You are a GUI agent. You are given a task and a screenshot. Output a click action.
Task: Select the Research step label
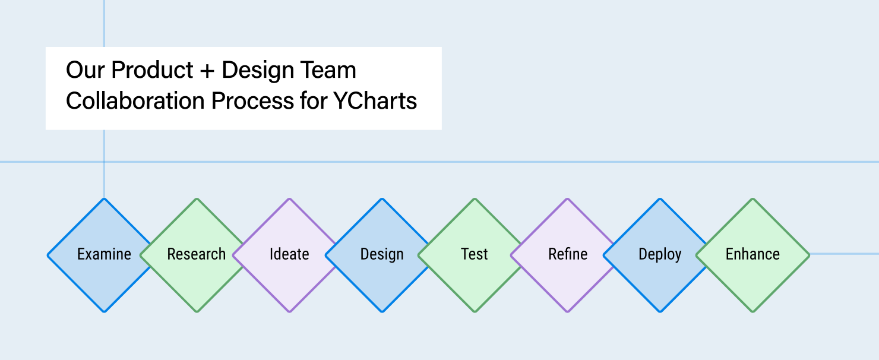click(197, 254)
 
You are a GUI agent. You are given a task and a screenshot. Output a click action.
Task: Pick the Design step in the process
click(382, 254)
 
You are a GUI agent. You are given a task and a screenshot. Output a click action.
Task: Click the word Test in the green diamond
click(475, 254)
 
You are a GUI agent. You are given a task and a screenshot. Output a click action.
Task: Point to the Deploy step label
click(660, 254)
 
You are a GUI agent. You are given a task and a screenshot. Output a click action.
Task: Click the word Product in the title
click(153, 70)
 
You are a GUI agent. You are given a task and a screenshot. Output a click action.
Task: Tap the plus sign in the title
click(207, 71)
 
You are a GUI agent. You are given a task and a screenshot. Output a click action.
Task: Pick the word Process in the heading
click(249, 101)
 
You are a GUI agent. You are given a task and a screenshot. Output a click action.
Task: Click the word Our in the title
click(86, 70)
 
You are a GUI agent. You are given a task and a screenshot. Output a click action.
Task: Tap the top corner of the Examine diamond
click(105, 200)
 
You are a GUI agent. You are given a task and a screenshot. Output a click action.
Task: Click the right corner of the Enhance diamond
click(808, 255)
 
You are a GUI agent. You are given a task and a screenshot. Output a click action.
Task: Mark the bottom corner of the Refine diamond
click(568, 310)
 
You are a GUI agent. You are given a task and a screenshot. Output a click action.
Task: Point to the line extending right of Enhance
click(843, 254)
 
